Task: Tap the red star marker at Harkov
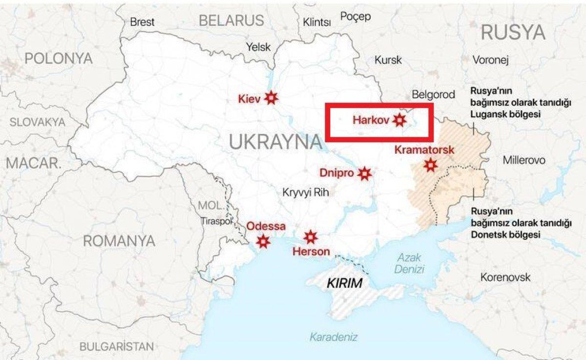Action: tap(400, 120)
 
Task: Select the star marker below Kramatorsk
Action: tap(430, 165)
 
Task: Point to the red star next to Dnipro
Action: tap(364, 173)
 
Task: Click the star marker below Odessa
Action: tap(263, 241)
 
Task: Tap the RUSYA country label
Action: tap(513, 32)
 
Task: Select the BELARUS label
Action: tap(231, 20)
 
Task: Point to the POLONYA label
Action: tap(58, 59)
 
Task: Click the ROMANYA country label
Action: tap(119, 241)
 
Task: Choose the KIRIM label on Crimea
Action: tap(344, 283)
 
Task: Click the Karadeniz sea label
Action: tap(334, 337)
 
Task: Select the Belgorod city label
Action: tap(433, 94)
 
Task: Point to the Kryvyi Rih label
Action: tap(306, 192)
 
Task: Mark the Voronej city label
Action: tap(491, 60)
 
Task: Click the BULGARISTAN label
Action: tap(116, 347)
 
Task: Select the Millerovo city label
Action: tap(524, 160)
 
